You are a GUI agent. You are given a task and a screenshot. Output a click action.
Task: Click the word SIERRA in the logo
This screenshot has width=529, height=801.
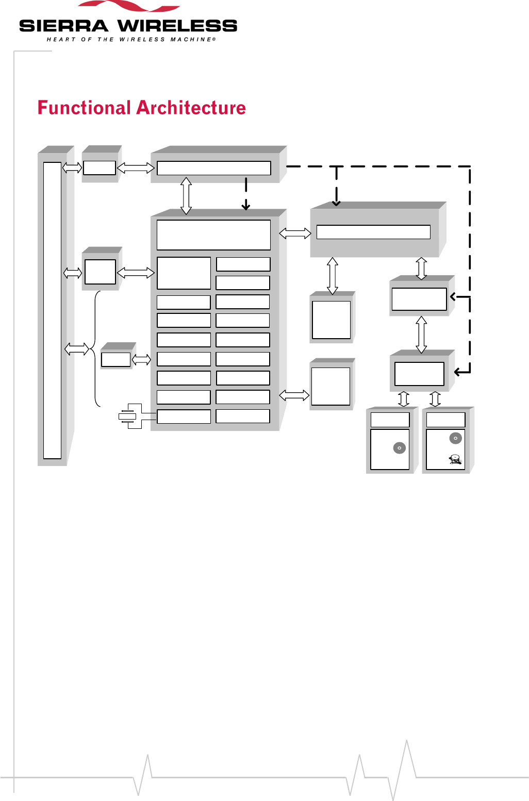pyautogui.click(x=63, y=26)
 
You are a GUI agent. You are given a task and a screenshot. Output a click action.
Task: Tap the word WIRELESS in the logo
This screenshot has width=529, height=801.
pyautogui.click(x=177, y=26)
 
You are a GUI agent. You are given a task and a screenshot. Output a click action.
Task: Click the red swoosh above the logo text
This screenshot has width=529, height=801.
pyautogui.click(x=129, y=5)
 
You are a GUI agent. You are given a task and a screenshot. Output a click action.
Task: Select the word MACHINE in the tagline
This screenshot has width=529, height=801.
pyautogui.click(x=191, y=39)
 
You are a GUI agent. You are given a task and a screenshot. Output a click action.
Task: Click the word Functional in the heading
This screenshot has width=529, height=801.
pyautogui.click(x=84, y=108)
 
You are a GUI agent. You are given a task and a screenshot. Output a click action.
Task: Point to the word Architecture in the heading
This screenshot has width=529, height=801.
pyautogui.click(x=191, y=108)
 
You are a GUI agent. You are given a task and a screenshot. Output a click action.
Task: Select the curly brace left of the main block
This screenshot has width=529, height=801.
pyautogui.click(x=95, y=348)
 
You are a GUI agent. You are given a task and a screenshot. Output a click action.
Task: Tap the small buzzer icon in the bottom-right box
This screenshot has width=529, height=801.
pyautogui.click(x=455, y=459)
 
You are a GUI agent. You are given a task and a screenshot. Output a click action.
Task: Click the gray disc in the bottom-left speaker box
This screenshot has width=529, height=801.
pyautogui.click(x=400, y=448)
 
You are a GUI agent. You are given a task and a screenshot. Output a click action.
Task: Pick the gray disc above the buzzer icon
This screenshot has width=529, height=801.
pyautogui.click(x=456, y=438)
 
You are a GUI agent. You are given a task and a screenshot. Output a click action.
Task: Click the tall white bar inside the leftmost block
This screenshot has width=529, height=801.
pyautogui.click(x=52, y=310)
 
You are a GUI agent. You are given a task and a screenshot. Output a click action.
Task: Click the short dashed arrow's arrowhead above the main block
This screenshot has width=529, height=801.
pyautogui.click(x=246, y=206)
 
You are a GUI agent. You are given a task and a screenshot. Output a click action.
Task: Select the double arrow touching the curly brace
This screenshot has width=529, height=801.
pyautogui.click(x=77, y=349)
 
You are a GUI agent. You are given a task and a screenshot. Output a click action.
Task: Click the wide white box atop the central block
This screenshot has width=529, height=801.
pyautogui.click(x=213, y=235)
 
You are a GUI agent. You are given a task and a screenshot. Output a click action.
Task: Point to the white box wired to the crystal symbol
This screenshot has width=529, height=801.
pyautogui.click(x=184, y=416)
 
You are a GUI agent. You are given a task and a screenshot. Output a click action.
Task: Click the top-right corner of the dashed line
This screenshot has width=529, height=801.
pyautogui.click(x=470, y=166)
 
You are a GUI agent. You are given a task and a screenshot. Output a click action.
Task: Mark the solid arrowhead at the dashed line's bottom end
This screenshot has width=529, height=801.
pyautogui.click(x=457, y=372)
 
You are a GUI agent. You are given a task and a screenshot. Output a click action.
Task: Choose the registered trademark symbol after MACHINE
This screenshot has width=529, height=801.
pyautogui.click(x=214, y=39)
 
